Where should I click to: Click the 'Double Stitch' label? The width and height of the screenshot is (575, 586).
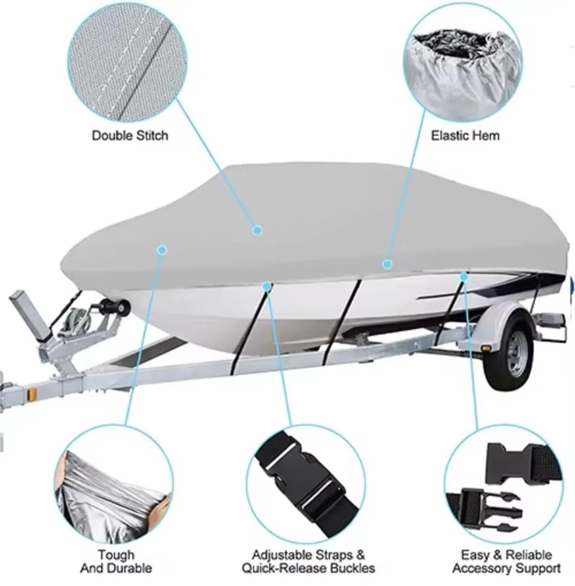(x=130, y=136)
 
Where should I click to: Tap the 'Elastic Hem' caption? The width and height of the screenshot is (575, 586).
(x=466, y=136)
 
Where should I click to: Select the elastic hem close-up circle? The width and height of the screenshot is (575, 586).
(x=463, y=63)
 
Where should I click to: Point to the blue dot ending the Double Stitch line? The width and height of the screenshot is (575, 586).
(x=257, y=230)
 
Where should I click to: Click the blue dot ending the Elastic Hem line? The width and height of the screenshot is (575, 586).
(x=387, y=264)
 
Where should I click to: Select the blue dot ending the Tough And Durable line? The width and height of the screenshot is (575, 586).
(x=162, y=251)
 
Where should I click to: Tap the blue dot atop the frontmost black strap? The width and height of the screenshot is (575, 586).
(x=267, y=286)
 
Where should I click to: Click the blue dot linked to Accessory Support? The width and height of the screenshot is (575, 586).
(x=464, y=277)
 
